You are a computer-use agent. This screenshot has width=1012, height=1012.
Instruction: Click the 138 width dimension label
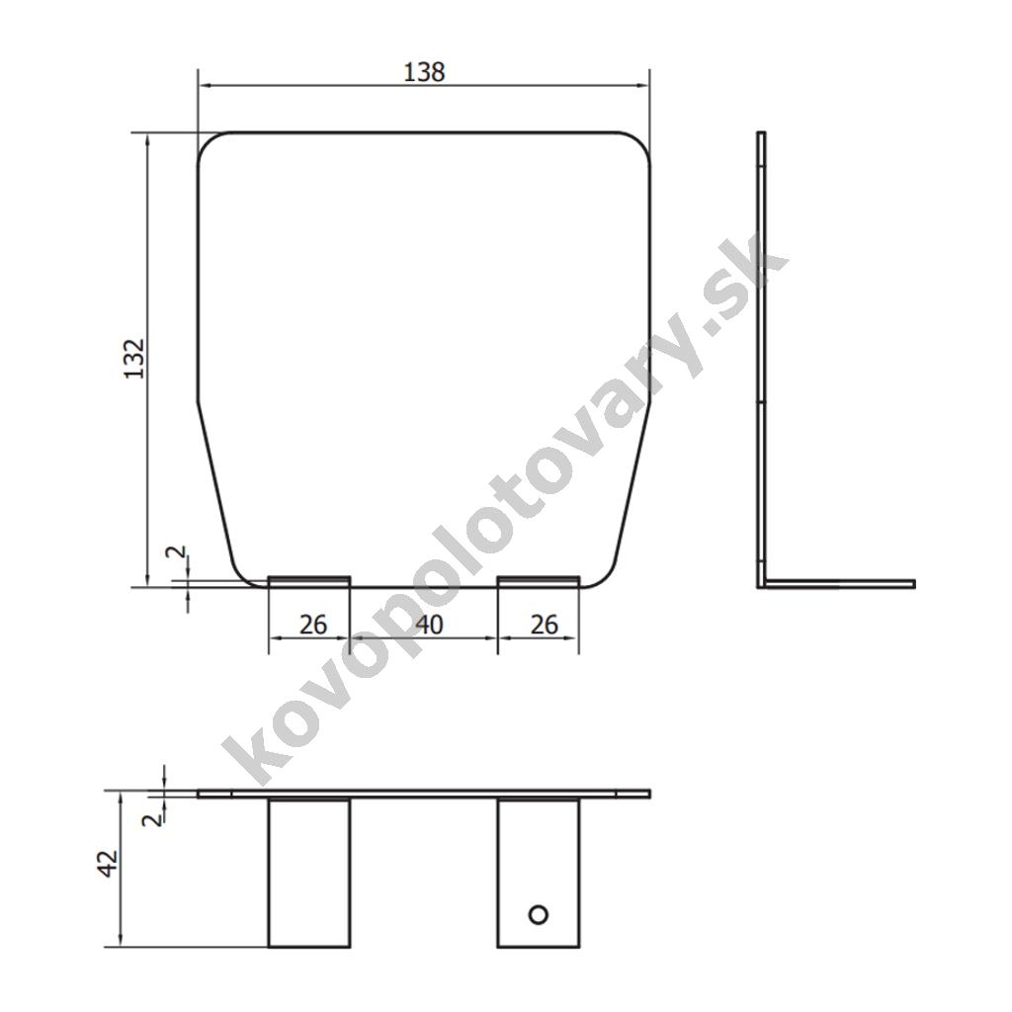tap(424, 71)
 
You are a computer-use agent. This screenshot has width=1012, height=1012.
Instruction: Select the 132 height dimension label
tap(134, 358)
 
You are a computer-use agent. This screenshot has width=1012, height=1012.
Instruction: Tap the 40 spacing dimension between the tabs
tap(429, 625)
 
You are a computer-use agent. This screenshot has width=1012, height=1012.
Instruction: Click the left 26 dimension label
tap(313, 625)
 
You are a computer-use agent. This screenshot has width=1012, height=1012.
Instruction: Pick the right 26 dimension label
tap(544, 625)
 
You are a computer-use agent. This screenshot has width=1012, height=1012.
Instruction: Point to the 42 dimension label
tap(109, 864)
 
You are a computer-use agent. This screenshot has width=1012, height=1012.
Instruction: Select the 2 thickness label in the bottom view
tap(152, 820)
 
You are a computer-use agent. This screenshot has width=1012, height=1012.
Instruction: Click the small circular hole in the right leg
tap(538, 914)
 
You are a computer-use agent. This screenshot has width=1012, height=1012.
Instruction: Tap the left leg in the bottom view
tap(309, 873)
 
